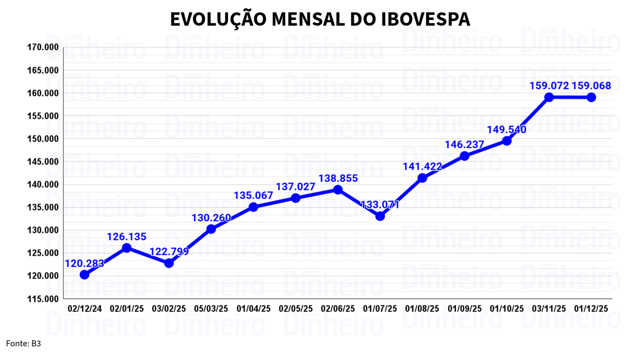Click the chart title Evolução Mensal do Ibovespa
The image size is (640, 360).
tap(320, 19)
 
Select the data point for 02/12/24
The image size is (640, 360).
tap(84, 275)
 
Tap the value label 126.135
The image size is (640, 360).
tap(127, 237)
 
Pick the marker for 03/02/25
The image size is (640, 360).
tap(169, 263)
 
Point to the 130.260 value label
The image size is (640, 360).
tap(211, 218)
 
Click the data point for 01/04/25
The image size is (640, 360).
tap(253, 207)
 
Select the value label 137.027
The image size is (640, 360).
tap(296, 186)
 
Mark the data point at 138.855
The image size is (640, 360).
tap(338, 190)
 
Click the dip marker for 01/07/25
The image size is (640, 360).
tap(380, 216)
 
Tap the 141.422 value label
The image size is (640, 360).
tap(422, 167)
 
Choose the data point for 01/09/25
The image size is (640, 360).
tap(464, 156)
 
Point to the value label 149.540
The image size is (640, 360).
tap(507, 130)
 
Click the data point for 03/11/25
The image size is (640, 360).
tap(549, 97)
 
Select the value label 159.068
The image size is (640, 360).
tap(591, 86)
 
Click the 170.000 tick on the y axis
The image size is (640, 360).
tap(43, 48)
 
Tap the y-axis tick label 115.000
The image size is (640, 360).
tap(43, 299)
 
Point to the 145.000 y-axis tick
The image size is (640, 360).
tap(43, 162)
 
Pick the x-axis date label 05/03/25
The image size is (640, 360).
tap(211, 309)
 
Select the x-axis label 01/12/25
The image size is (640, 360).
tap(591, 309)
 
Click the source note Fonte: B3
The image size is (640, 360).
tap(24, 343)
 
